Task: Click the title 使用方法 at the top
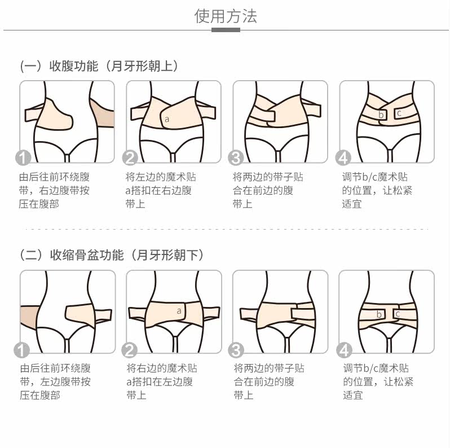225,16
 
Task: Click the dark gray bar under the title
225,30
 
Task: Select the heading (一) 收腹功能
99,66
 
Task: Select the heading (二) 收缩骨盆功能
112,255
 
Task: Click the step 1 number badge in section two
23,350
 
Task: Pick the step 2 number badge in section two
130,350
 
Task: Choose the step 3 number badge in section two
236,350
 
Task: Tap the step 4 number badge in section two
343,350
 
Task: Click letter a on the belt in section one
166,119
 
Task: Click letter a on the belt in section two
179,310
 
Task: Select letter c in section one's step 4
399,113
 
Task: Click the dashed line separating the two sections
225,230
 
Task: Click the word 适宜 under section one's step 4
352,204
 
